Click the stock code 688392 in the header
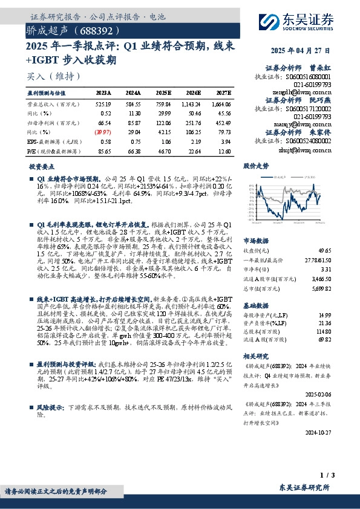click(93, 30)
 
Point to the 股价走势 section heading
click(255, 166)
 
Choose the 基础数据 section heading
click(255, 305)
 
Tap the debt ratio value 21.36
click(325, 323)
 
